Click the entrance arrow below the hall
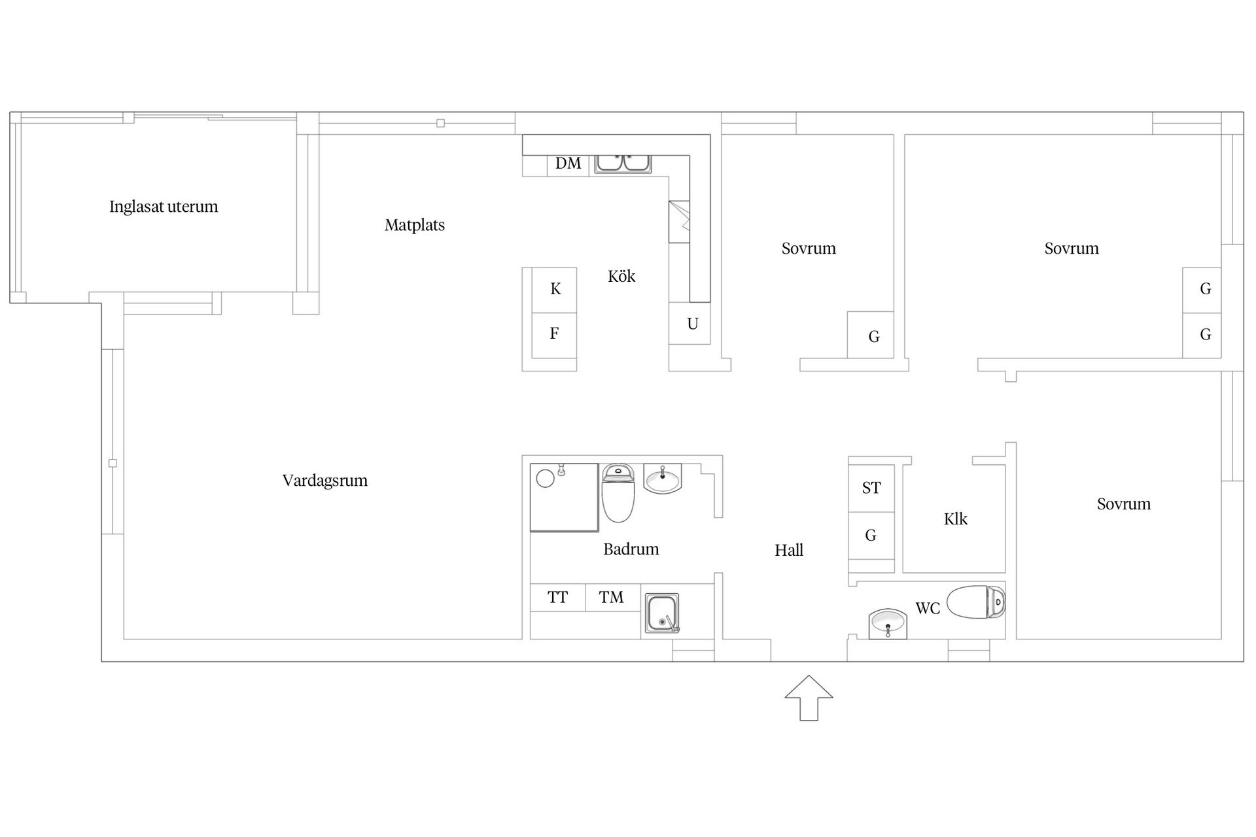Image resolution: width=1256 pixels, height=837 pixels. tap(809, 698)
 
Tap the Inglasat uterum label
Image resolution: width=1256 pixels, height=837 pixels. tap(164, 207)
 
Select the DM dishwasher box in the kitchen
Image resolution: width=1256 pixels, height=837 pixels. tap(568, 163)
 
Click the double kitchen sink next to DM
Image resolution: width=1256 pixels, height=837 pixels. tap(623, 163)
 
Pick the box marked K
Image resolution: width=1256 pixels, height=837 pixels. tap(555, 289)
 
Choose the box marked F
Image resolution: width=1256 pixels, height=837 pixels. tap(554, 334)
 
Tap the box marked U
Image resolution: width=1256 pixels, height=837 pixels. tap(692, 324)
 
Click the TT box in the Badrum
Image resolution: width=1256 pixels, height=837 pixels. tap(557, 597)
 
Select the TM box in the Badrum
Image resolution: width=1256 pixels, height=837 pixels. tap(612, 597)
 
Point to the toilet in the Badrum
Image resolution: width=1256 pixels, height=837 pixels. tap(618, 494)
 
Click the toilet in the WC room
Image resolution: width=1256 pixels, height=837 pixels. tap(976, 602)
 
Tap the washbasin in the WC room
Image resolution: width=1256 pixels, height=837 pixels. tap(888, 623)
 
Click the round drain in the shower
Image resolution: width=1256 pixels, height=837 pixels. tap(545, 479)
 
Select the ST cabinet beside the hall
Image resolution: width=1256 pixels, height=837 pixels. tap(871, 488)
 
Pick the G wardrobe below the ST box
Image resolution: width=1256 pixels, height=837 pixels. tap(871, 536)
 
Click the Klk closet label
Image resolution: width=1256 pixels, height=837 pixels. tap(955, 519)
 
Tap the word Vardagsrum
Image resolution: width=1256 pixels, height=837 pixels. tap(324, 481)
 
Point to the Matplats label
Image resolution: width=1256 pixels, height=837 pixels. tap(414, 226)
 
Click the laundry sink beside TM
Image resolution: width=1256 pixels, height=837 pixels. tap(662, 613)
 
